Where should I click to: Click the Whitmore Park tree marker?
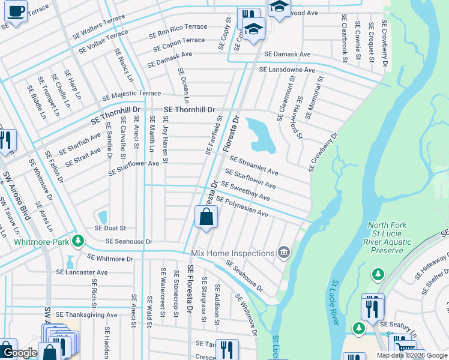(x=77, y=241)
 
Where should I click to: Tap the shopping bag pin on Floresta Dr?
(x=206, y=217)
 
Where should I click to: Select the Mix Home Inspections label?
(x=232, y=254)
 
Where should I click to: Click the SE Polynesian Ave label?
(x=241, y=207)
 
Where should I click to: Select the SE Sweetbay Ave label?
(x=246, y=192)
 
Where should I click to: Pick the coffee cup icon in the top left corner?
(x=16, y=11)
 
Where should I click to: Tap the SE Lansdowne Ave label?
(x=287, y=70)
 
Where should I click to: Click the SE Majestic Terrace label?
(x=131, y=95)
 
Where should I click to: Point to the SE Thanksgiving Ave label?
(x=86, y=314)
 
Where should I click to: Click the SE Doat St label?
(x=110, y=228)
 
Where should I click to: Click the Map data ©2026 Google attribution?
(x=412, y=355)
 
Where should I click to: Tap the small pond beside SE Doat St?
(x=102, y=216)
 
